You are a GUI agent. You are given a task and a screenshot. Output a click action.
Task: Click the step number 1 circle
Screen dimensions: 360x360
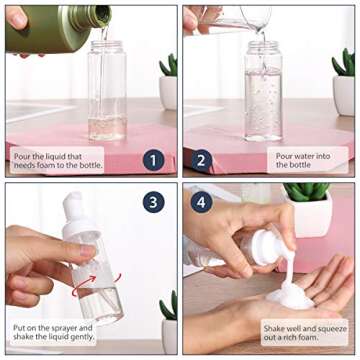[153, 159]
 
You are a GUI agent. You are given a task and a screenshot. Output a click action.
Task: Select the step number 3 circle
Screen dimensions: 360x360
[153, 202]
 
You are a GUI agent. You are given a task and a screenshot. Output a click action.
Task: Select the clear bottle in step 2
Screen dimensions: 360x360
[263, 90]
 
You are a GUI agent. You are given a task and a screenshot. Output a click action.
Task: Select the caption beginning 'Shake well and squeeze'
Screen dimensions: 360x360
[304, 332]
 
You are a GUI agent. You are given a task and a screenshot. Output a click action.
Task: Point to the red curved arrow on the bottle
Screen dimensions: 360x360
[97, 273]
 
